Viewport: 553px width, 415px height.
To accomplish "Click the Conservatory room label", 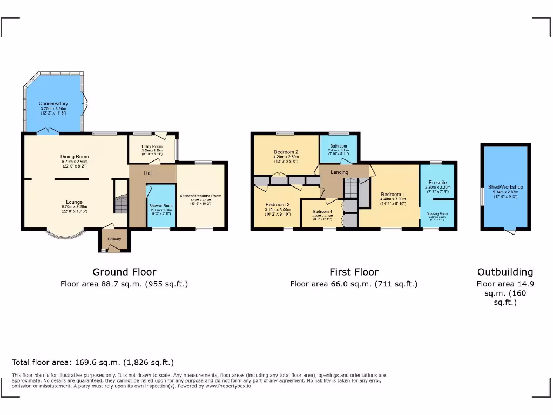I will point(53,103).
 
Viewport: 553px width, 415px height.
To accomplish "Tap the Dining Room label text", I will point(75,157).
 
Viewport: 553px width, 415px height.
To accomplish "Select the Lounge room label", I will point(75,202).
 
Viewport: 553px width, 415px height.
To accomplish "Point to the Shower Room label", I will point(161,206).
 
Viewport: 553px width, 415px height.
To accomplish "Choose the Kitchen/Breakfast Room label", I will point(200,196).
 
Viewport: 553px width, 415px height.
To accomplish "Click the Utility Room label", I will point(152,146).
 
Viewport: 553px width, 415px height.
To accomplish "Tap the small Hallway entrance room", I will point(114,239).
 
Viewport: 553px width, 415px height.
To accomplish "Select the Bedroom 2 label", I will point(286,152).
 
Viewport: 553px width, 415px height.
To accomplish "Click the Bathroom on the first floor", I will point(338,146).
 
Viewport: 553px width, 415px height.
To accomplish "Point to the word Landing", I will point(339,172).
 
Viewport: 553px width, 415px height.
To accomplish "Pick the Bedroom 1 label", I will point(393,194).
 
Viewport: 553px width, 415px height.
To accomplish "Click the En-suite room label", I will point(437,183).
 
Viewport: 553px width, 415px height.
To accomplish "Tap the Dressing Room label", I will point(437,214).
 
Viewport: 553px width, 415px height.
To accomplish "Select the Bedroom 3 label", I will point(278,205).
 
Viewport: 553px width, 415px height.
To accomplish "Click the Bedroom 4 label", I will point(321,211).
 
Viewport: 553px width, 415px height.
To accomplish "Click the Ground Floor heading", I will point(124,272).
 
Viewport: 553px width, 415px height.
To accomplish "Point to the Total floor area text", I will point(93,362).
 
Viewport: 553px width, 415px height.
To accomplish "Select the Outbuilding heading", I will point(505,272).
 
